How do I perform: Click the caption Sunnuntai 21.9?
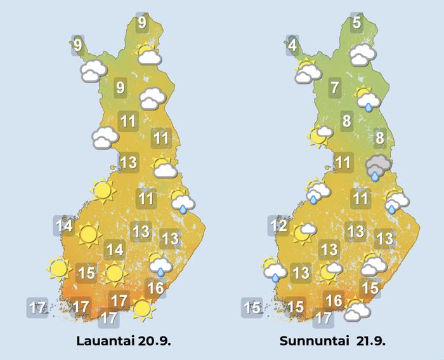point(332,341)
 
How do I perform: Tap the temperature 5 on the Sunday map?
point(357,23)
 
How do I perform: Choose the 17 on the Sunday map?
point(323,317)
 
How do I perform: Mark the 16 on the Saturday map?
point(156,287)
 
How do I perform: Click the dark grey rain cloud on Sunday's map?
point(378,167)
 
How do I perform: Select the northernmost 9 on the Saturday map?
point(141,23)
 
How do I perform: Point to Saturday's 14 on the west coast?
point(63,225)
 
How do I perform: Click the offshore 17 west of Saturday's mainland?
point(37,309)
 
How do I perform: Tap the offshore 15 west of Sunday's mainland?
point(252,309)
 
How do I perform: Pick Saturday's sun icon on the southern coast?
point(143,309)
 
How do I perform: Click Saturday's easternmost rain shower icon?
point(183,202)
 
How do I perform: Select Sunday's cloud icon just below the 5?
point(362,55)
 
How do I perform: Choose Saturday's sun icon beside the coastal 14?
point(88,236)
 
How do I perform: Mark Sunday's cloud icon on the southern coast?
point(356,310)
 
